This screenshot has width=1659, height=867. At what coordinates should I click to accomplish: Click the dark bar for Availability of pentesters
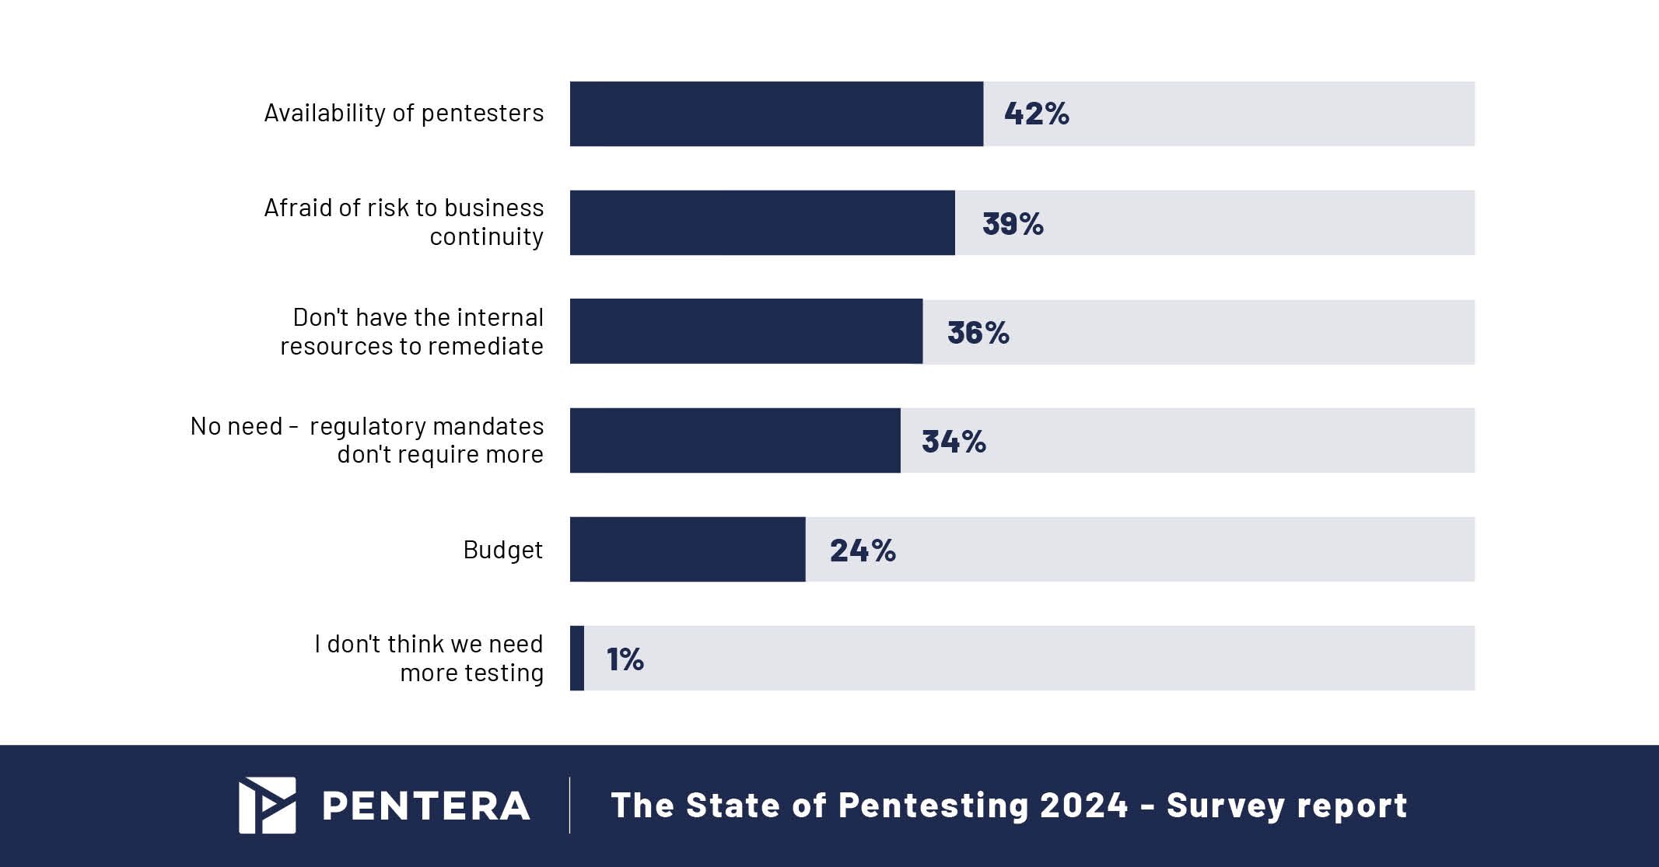pos(776,114)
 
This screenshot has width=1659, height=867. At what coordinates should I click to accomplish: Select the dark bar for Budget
pos(688,549)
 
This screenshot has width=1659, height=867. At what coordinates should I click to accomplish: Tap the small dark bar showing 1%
pos(577,658)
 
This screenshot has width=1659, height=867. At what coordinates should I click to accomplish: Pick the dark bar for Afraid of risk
pos(762,222)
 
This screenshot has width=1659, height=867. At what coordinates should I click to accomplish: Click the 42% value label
pos(1036,114)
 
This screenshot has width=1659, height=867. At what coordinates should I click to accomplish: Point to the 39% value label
pos(1013,224)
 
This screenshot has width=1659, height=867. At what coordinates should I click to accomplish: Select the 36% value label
pos(978,333)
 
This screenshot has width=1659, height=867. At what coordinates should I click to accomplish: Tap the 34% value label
pos(954,442)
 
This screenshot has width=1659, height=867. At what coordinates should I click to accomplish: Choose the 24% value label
pos(863,551)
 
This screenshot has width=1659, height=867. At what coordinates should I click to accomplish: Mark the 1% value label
pos(625,659)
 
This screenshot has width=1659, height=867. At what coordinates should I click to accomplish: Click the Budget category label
pos(502,550)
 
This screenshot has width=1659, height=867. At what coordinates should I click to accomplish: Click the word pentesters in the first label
pos(482,114)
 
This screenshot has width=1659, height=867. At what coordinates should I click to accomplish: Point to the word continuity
pos(486,236)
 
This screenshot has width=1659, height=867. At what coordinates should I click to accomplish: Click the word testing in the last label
pos(505,673)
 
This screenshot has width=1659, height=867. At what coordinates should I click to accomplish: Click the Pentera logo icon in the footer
pos(267,805)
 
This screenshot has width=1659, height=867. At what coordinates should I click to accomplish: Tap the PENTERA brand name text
pos(426,806)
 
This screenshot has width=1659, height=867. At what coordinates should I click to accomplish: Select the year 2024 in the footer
pos(1083,805)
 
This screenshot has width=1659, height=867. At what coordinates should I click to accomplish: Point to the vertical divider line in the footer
pos(569,805)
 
